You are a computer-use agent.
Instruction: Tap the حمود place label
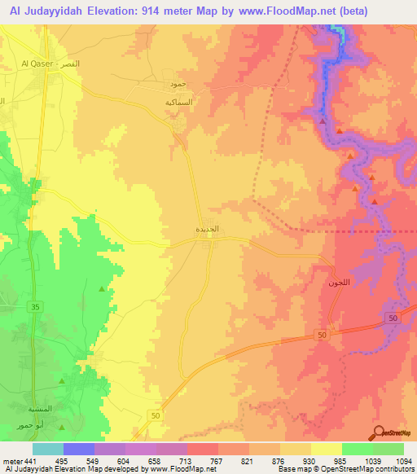click(x=178, y=85)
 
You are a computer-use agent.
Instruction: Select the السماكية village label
click(x=178, y=103)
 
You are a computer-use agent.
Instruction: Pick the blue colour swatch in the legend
click(x=79, y=449)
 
